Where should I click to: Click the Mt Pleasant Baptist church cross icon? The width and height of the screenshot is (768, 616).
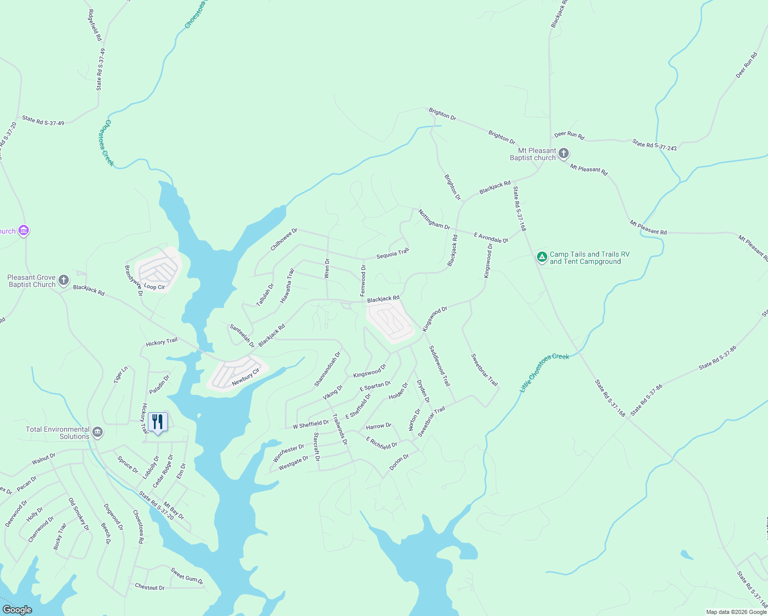564,153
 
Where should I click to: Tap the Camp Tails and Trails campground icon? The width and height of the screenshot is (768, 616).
542,257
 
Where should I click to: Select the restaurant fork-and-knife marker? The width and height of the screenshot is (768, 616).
158,422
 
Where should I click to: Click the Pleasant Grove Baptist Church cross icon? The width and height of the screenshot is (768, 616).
63,280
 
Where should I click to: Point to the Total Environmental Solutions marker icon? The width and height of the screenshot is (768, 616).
98,433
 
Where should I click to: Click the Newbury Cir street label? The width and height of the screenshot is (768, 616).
245,377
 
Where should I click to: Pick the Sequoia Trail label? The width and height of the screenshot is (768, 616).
393,254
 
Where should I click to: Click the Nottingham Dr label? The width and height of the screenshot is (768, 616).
434,219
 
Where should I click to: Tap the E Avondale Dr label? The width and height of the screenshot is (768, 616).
491,238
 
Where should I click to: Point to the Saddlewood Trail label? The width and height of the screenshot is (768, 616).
439,365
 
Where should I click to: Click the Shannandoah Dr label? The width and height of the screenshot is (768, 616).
328,369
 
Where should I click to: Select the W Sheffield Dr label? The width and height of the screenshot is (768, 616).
311,424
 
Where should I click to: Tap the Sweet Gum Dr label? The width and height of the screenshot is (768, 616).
187,576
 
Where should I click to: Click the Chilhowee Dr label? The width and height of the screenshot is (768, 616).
284,240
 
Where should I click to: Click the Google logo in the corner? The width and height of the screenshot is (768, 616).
17,609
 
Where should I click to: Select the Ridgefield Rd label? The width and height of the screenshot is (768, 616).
95,25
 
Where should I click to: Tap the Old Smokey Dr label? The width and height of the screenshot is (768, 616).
79,514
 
